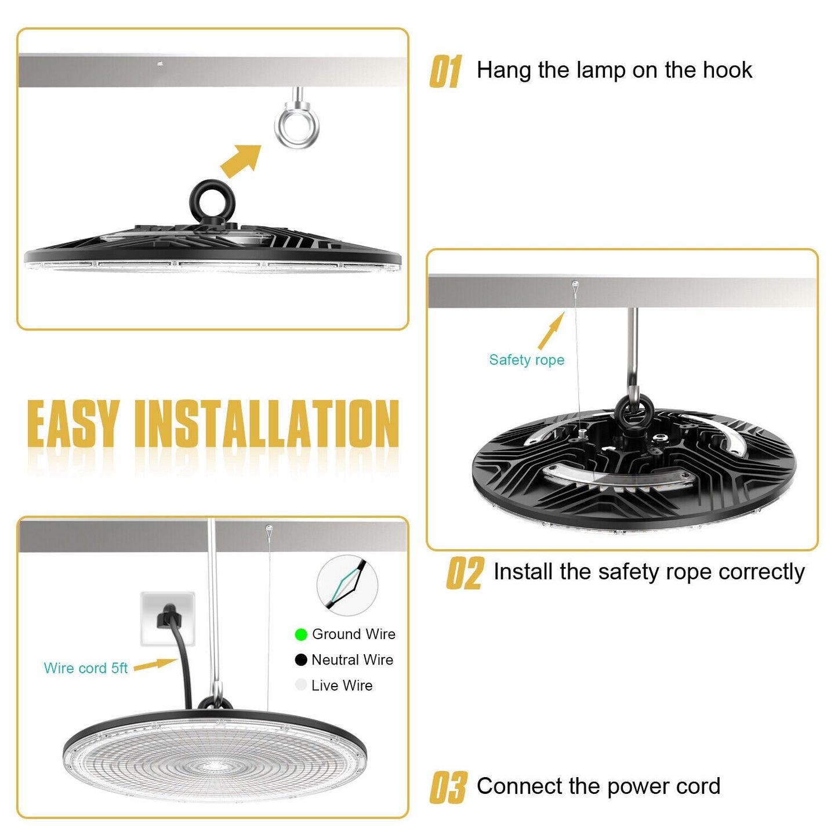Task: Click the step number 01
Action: coord(445,71)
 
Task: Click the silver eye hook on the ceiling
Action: coord(297,125)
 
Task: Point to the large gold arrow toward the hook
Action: coord(241,161)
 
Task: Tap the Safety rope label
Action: coord(527,360)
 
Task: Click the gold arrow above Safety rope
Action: coord(551,331)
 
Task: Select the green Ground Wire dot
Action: coord(301,634)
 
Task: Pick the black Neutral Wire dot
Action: coord(301,660)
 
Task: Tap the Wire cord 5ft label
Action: coord(86,668)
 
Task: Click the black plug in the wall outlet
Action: coord(168,616)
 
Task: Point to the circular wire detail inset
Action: coord(347,585)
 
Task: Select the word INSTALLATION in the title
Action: coord(267,423)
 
